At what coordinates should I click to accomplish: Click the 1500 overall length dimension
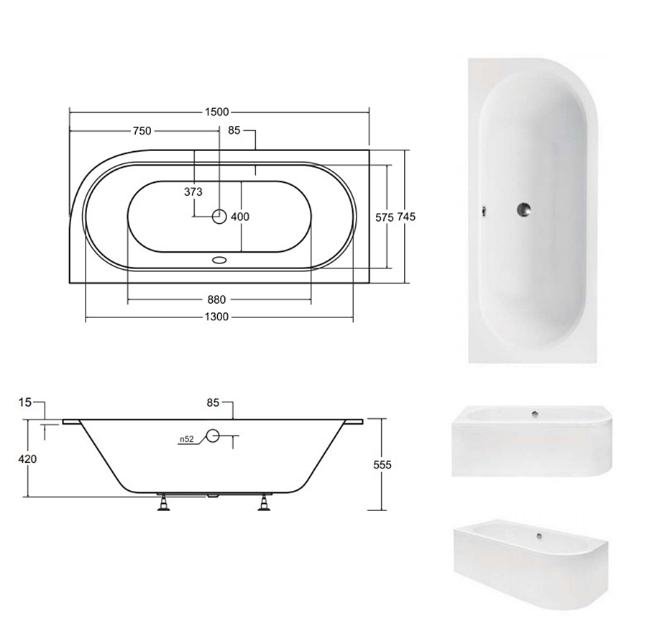point(216,112)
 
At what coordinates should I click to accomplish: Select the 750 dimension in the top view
point(142,131)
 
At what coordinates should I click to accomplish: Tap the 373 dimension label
point(193,191)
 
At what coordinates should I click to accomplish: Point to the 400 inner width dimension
point(240,217)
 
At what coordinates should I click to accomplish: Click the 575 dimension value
point(384,217)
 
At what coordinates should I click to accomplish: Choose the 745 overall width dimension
point(406,217)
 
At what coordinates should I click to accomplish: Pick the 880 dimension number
point(216,299)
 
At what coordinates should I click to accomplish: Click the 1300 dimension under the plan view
point(216,317)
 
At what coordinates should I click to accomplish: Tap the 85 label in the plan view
point(234,130)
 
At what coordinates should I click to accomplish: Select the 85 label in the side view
point(213,402)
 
